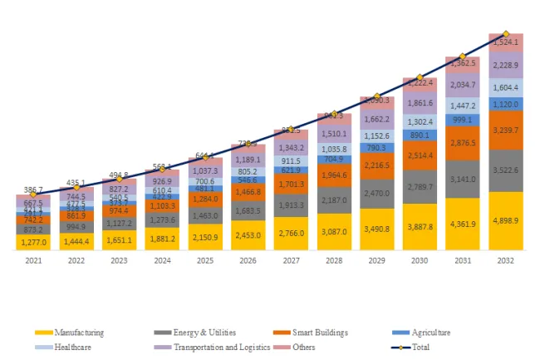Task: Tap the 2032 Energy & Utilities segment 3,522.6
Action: pos(506,170)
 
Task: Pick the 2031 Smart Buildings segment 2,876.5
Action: pos(463,143)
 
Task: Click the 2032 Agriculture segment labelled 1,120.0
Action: pos(506,105)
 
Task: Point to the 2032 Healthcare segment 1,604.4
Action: pos(506,87)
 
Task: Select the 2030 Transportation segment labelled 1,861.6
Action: pos(420,102)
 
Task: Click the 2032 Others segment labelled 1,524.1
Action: pos(506,42)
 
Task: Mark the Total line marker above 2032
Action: pos(506,33)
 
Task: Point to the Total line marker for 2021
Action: pos(33,195)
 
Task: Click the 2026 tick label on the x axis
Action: pos(248,259)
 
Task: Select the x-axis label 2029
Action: pos(376,259)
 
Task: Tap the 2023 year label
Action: pos(119,259)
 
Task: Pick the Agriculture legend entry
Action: pos(428,333)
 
